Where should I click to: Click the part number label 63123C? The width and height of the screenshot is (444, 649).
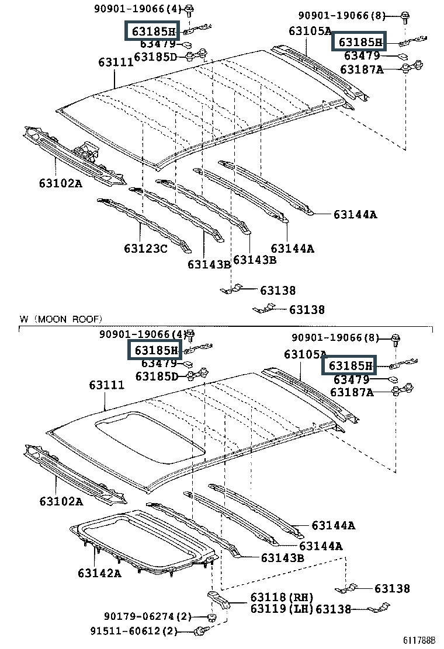tap(145, 249)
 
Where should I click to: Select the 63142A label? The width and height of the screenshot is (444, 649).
tap(99, 573)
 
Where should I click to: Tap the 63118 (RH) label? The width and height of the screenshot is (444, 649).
tap(282, 597)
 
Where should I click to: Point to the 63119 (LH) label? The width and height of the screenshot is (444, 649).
tap(282, 609)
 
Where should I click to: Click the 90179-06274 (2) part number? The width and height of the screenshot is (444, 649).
tap(147, 617)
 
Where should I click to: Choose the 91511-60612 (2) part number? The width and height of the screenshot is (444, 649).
tap(134, 631)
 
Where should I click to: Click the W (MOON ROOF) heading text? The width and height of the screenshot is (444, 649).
tap(61, 319)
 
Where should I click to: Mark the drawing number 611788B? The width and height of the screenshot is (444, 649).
tap(419, 640)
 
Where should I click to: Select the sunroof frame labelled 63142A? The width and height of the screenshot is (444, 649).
tap(144, 542)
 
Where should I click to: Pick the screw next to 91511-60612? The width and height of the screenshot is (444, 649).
tap(202, 631)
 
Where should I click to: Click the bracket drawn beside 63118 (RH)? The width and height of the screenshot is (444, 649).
tap(218, 600)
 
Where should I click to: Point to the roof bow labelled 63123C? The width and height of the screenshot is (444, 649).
tap(144, 224)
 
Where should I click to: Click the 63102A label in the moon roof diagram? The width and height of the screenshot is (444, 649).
tap(61, 502)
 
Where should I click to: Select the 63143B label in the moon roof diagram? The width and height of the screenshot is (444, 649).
tap(283, 558)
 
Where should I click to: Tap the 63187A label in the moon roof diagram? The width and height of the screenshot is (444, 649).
tap(352, 392)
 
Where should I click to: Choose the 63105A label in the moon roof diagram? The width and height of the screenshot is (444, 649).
tap(305, 354)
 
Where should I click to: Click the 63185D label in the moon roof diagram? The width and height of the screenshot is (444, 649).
tap(157, 376)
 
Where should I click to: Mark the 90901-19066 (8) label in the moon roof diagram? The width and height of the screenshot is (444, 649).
tap(335, 338)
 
